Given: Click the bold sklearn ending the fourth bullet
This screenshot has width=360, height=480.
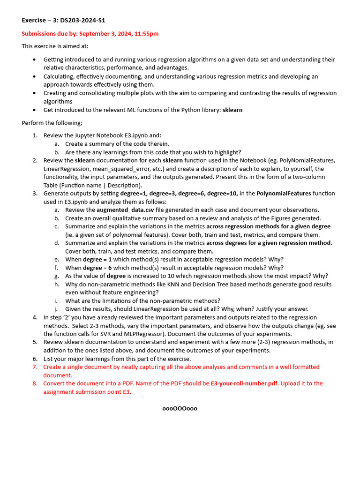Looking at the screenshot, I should tap(232, 110).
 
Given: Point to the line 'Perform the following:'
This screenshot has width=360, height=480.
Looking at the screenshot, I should tap(52, 123).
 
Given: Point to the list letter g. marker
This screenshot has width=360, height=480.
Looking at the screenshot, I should tap(57, 276).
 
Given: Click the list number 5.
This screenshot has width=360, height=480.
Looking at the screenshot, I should tap(35, 342).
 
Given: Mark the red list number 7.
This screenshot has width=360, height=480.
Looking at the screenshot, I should tap(35, 367).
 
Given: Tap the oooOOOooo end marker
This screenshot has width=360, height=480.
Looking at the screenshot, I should tap(180, 408).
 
